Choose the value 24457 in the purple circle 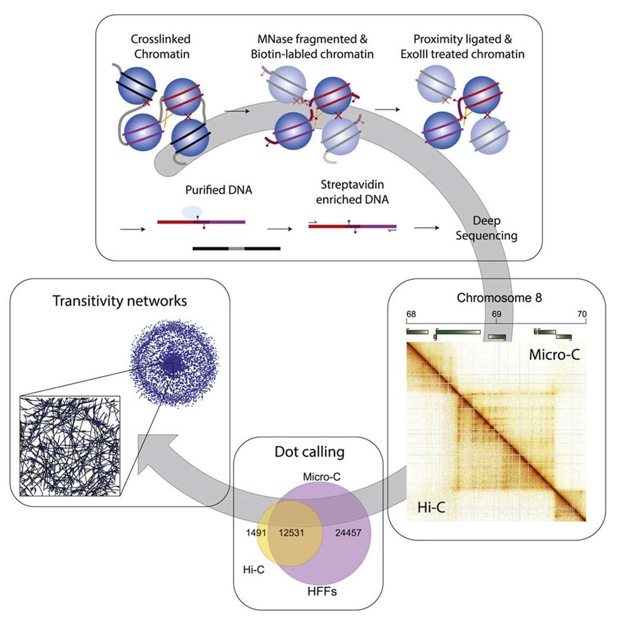[348, 532]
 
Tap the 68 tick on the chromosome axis [411, 314]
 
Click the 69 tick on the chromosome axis [497, 314]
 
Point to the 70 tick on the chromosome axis [582, 314]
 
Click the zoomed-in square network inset [70, 444]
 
